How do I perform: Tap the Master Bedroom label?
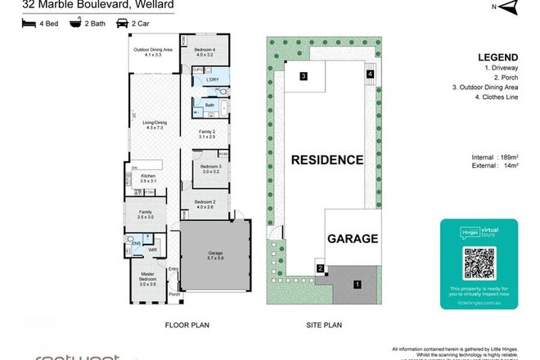pyautogui.click(x=148, y=279)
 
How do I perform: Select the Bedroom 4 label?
pyautogui.click(x=205, y=52)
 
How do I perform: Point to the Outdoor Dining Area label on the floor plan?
pyautogui.click(x=154, y=52)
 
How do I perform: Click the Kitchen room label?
pyautogui.click(x=148, y=179)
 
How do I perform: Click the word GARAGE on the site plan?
pyautogui.click(x=353, y=240)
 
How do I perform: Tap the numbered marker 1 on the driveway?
pyautogui.click(x=357, y=284)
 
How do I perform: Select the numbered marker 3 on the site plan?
pyautogui.click(x=303, y=76)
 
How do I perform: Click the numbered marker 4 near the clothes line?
pyautogui.click(x=370, y=74)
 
